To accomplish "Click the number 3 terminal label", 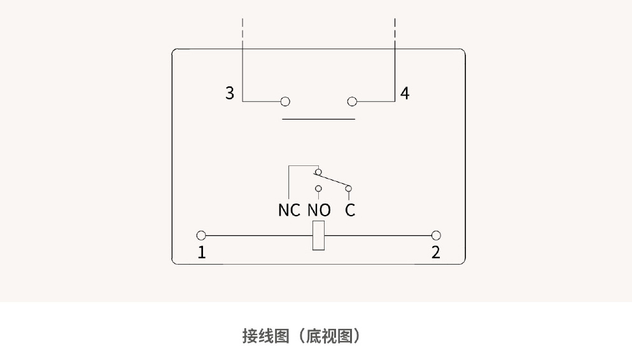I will pos(230,93).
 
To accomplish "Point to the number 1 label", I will pos(202,253).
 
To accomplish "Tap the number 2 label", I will pos(436,253).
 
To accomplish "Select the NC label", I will pos(289,210).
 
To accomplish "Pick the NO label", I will pos(319,210).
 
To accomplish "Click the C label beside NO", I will pos(350,210).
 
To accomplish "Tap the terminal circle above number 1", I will pos(201,235).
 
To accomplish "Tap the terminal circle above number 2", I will pos(436,235).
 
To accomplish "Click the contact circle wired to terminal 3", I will pos(285,102).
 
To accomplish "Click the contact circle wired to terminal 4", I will pos(352,102).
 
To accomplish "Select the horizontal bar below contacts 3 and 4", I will pos(318,119).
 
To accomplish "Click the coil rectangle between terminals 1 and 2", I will pos(319,236).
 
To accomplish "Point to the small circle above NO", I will pos(318,188).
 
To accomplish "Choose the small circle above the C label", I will pos(348,188).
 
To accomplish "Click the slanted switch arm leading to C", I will pos(332,180).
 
